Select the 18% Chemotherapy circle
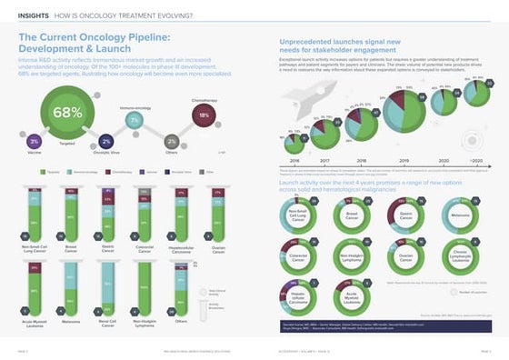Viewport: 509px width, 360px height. pyautogui.click(x=205, y=115)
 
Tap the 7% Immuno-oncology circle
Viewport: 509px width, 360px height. pyautogui.click(x=134, y=120)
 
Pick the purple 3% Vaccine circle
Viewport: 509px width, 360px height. pyautogui.click(x=34, y=142)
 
